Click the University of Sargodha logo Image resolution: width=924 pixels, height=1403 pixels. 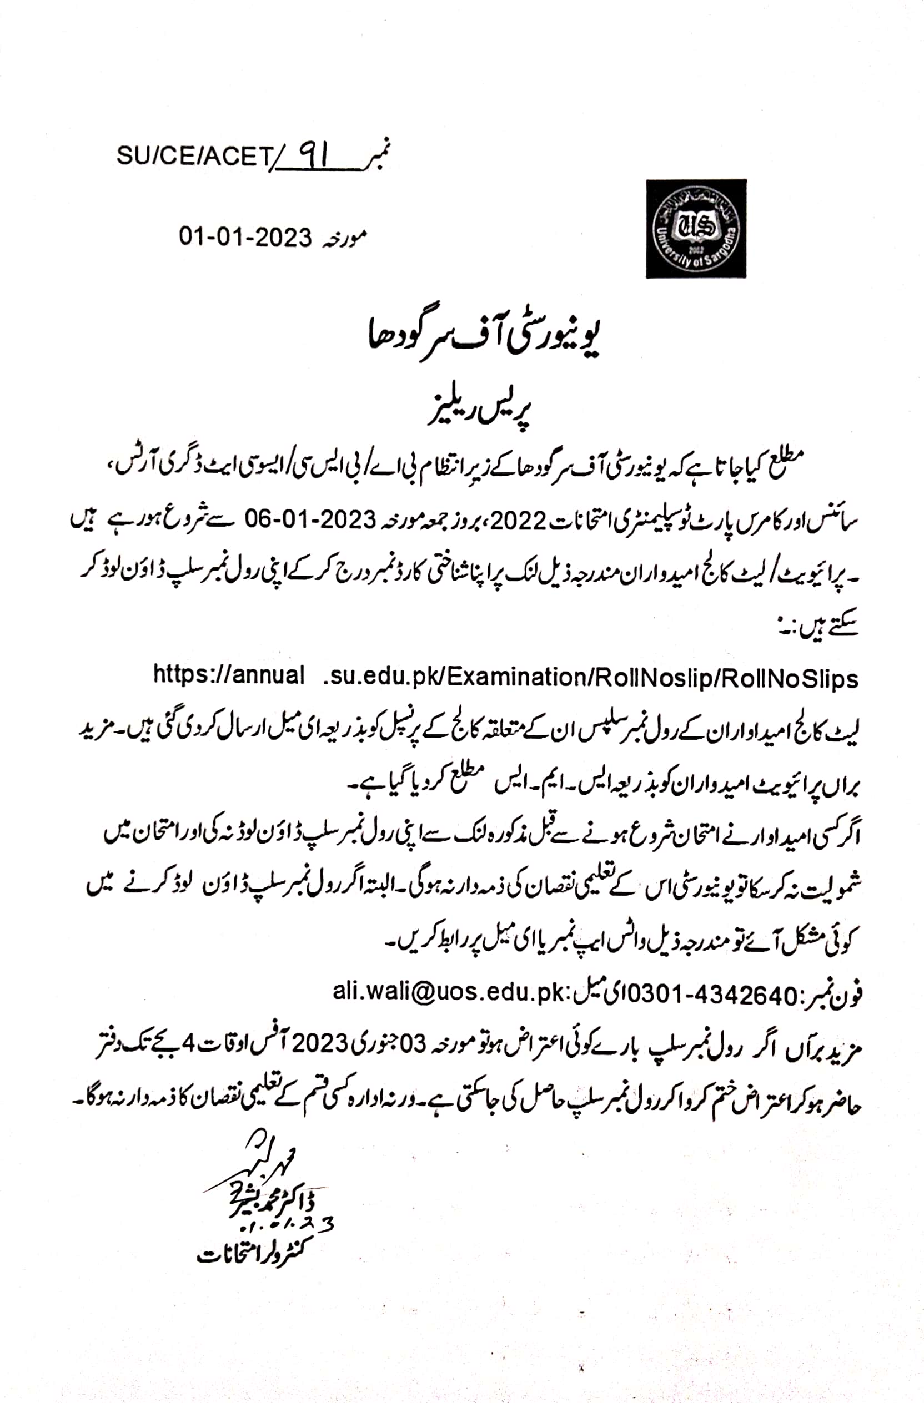[696, 229]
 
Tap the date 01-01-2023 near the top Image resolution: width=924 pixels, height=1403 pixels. [245, 237]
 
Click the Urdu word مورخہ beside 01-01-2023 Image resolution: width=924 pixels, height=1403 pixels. [344, 237]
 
